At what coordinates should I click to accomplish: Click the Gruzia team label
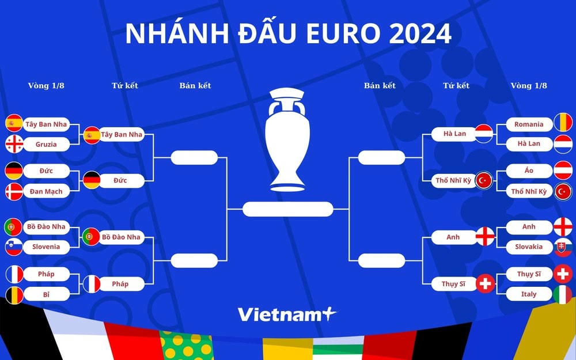pos(46,144)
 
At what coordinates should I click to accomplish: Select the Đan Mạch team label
pos(46,191)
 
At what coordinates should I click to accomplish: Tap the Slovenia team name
pos(46,247)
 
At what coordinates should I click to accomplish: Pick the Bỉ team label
pos(46,294)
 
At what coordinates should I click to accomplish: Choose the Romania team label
pos(529,124)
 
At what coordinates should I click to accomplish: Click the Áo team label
pos(529,170)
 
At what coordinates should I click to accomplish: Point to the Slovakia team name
pos(529,247)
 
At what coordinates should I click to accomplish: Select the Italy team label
pos(529,294)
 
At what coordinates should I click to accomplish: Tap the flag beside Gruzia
pos(14,144)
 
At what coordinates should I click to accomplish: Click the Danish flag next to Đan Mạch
pos(14,191)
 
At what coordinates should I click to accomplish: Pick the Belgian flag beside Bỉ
pos(14,294)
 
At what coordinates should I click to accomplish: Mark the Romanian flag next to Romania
pos(562,123)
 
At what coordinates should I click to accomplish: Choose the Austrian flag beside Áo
pos(562,170)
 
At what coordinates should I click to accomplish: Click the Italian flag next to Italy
pos(562,294)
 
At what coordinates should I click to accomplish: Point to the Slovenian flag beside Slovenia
pos(14,247)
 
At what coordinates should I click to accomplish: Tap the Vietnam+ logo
pos(287,314)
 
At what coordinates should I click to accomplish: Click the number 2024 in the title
pos(420,35)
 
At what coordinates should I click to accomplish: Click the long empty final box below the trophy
pos(287,209)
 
